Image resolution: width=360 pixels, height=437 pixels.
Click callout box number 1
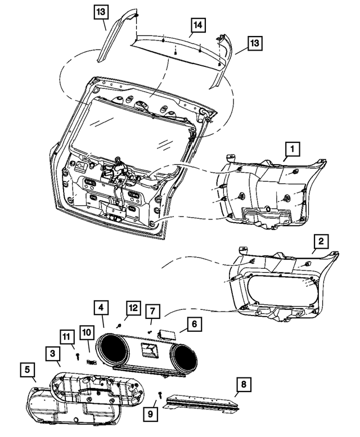tap(292, 150)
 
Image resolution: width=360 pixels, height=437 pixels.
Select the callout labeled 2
tap(321, 242)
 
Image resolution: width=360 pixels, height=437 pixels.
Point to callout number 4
tap(101, 308)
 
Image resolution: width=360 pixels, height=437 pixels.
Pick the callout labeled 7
tap(152, 310)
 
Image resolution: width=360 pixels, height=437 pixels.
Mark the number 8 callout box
tap(244, 385)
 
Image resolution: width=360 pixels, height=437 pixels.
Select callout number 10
tap(86, 334)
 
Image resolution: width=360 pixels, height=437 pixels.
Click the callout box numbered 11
tap(67, 338)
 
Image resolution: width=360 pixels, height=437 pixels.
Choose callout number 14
tap(198, 26)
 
